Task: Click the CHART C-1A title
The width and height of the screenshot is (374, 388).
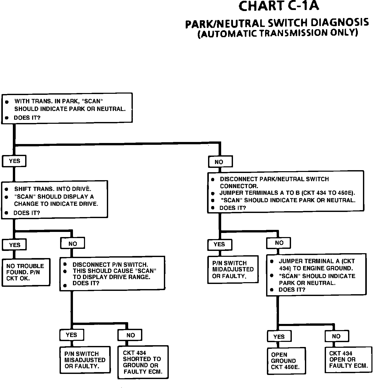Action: point(279,7)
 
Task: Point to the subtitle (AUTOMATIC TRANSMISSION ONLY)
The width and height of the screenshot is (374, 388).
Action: point(278,34)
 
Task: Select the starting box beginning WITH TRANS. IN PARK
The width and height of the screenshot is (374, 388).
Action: point(67,108)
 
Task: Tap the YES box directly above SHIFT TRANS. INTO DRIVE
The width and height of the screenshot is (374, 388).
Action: point(14,161)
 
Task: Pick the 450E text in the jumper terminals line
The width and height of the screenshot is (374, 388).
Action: point(346,193)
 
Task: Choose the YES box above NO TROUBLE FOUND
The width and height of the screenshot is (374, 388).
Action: point(14,245)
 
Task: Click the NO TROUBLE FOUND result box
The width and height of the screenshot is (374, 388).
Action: point(26,272)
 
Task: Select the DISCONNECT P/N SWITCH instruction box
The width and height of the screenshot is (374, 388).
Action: point(112,273)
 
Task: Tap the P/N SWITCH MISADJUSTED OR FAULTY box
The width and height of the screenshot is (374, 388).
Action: point(85,360)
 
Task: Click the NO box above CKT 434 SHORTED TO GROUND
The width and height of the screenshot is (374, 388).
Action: point(130,335)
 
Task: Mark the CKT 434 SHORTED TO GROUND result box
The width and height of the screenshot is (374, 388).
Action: point(143,362)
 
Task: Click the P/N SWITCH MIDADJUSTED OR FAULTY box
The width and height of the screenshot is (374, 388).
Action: point(233,269)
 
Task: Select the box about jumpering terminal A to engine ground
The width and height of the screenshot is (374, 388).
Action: point(316,275)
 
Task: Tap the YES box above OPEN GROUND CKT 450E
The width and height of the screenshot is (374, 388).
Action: point(279,336)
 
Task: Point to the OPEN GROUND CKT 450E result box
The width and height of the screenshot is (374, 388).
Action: point(286,361)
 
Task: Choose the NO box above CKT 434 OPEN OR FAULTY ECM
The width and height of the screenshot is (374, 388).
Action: point(336,336)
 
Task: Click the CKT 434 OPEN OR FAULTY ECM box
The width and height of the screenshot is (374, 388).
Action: point(348,360)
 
